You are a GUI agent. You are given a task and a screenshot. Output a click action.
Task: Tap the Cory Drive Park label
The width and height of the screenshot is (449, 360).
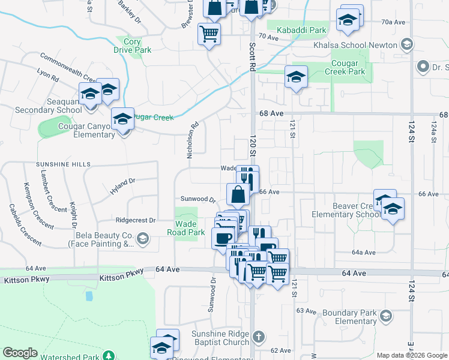(x=133, y=46)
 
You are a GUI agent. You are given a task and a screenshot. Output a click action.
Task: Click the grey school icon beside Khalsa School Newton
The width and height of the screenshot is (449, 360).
(x=407, y=44)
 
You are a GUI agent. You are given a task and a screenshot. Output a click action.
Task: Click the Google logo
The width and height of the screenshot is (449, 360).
(x=20, y=352)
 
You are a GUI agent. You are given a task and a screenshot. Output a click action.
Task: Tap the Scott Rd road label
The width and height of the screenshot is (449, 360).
(x=253, y=55)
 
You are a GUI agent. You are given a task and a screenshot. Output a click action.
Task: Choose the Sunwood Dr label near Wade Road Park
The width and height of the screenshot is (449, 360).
(x=197, y=199)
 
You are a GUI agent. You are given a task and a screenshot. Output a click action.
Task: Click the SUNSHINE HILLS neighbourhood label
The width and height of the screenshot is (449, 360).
(x=63, y=164)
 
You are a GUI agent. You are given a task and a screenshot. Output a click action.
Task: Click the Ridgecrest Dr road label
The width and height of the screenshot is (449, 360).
(x=136, y=220)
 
